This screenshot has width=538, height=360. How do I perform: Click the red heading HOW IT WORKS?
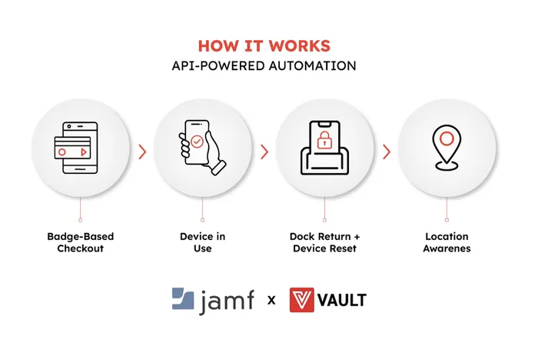pyautogui.click(x=264, y=45)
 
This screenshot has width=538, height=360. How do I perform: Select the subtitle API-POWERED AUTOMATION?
pyautogui.click(x=264, y=65)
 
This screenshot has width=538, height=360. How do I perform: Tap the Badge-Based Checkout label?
pyautogui.click(x=80, y=242)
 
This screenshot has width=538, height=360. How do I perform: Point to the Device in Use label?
pyautogui.click(x=202, y=242)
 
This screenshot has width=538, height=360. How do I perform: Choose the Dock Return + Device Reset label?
pyautogui.click(x=324, y=242)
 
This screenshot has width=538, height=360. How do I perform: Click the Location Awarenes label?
pyautogui.click(x=447, y=242)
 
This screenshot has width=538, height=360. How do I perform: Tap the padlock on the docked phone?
pyautogui.click(x=324, y=139)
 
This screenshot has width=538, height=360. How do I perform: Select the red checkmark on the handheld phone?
pyautogui.click(x=198, y=142)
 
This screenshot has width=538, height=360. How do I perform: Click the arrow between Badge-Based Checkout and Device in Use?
pyautogui.click(x=142, y=152)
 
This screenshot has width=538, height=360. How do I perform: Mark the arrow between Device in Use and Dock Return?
pyautogui.click(x=264, y=152)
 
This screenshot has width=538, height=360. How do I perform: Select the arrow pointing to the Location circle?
pyautogui.click(x=386, y=152)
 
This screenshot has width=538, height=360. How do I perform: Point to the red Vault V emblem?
pyautogui.click(x=301, y=300)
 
